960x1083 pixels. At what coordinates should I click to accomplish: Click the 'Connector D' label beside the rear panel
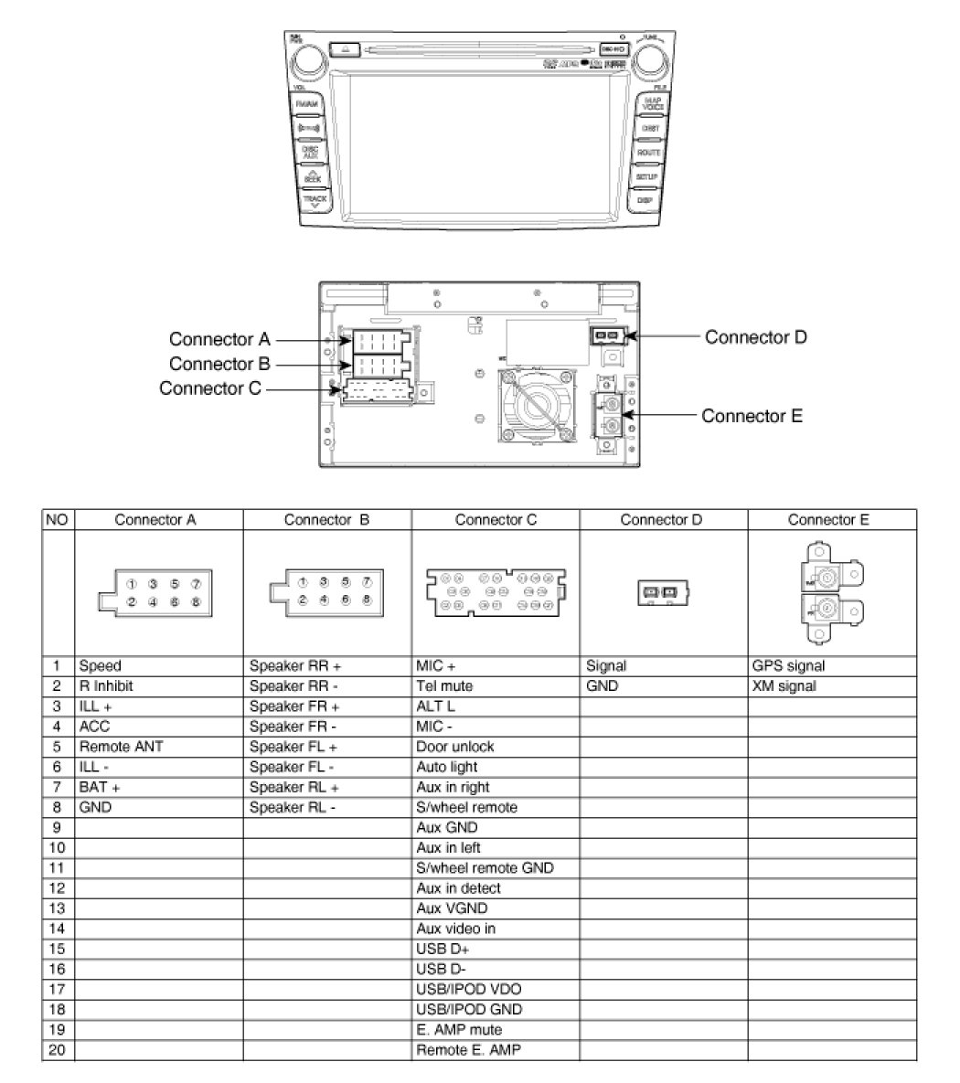755,337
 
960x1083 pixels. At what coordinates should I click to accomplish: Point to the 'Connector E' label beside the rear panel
752,416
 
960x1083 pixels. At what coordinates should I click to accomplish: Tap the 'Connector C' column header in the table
496,520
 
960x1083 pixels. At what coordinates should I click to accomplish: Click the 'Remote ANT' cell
122,747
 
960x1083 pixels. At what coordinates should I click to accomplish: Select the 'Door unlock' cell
455,747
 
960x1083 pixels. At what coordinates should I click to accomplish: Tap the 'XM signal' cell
784,686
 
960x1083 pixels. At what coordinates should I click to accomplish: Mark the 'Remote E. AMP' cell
468,1050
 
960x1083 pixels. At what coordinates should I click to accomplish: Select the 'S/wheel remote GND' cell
485,868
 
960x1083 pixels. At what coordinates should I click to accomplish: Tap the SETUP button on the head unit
647,175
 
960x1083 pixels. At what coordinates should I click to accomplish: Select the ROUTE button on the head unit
648,153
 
